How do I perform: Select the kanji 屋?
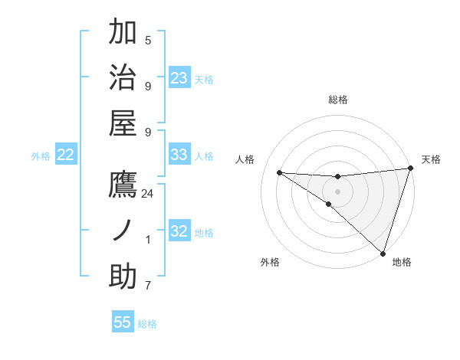pyautogui.click(x=123, y=123)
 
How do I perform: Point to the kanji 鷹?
pyautogui.click(x=123, y=185)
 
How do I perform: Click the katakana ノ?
pyautogui.click(x=123, y=231)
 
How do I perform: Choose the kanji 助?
pyautogui.click(x=123, y=277)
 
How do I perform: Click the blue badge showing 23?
pyautogui.click(x=179, y=78)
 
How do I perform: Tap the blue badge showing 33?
pyautogui.click(x=179, y=155)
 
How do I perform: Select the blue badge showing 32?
pyautogui.click(x=179, y=232)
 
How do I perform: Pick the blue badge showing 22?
pyautogui.click(x=66, y=155)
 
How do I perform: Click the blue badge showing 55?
pyautogui.click(x=123, y=322)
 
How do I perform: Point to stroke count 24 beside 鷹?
pyautogui.click(x=148, y=194)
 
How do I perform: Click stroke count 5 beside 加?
pyautogui.click(x=148, y=40)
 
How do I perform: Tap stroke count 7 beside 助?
pyautogui.click(x=148, y=286)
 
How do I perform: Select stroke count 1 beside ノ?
pyautogui.click(x=148, y=240)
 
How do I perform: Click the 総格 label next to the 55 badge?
pyautogui.click(x=147, y=324)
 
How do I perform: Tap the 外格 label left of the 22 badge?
pyautogui.click(x=41, y=156)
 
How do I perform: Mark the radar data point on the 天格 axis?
pyautogui.click(x=411, y=169)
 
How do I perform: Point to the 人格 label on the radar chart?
pyautogui.click(x=245, y=160)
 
